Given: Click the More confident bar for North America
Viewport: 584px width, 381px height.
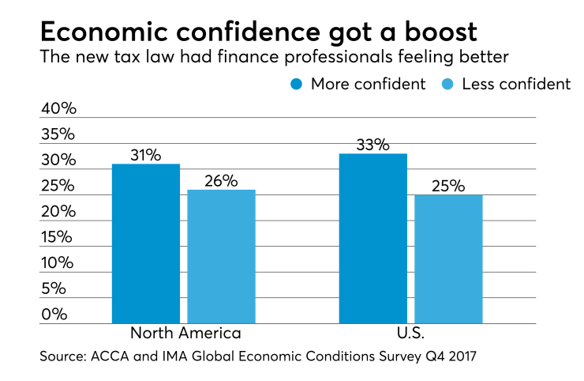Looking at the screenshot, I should tap(146, 243).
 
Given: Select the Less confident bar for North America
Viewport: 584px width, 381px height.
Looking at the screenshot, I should tap(221, 257).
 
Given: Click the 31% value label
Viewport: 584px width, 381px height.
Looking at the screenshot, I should tap(146, 155).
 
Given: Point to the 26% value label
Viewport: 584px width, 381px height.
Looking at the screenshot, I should tap(221, 180).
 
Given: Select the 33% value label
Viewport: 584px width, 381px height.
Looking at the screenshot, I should tap(373, 145).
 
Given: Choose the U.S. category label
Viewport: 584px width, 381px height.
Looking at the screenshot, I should tap(410, 333).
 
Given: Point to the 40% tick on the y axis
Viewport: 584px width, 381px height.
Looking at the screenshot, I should tap(58, 109).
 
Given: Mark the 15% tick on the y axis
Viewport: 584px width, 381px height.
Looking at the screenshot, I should tap(58, 237).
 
